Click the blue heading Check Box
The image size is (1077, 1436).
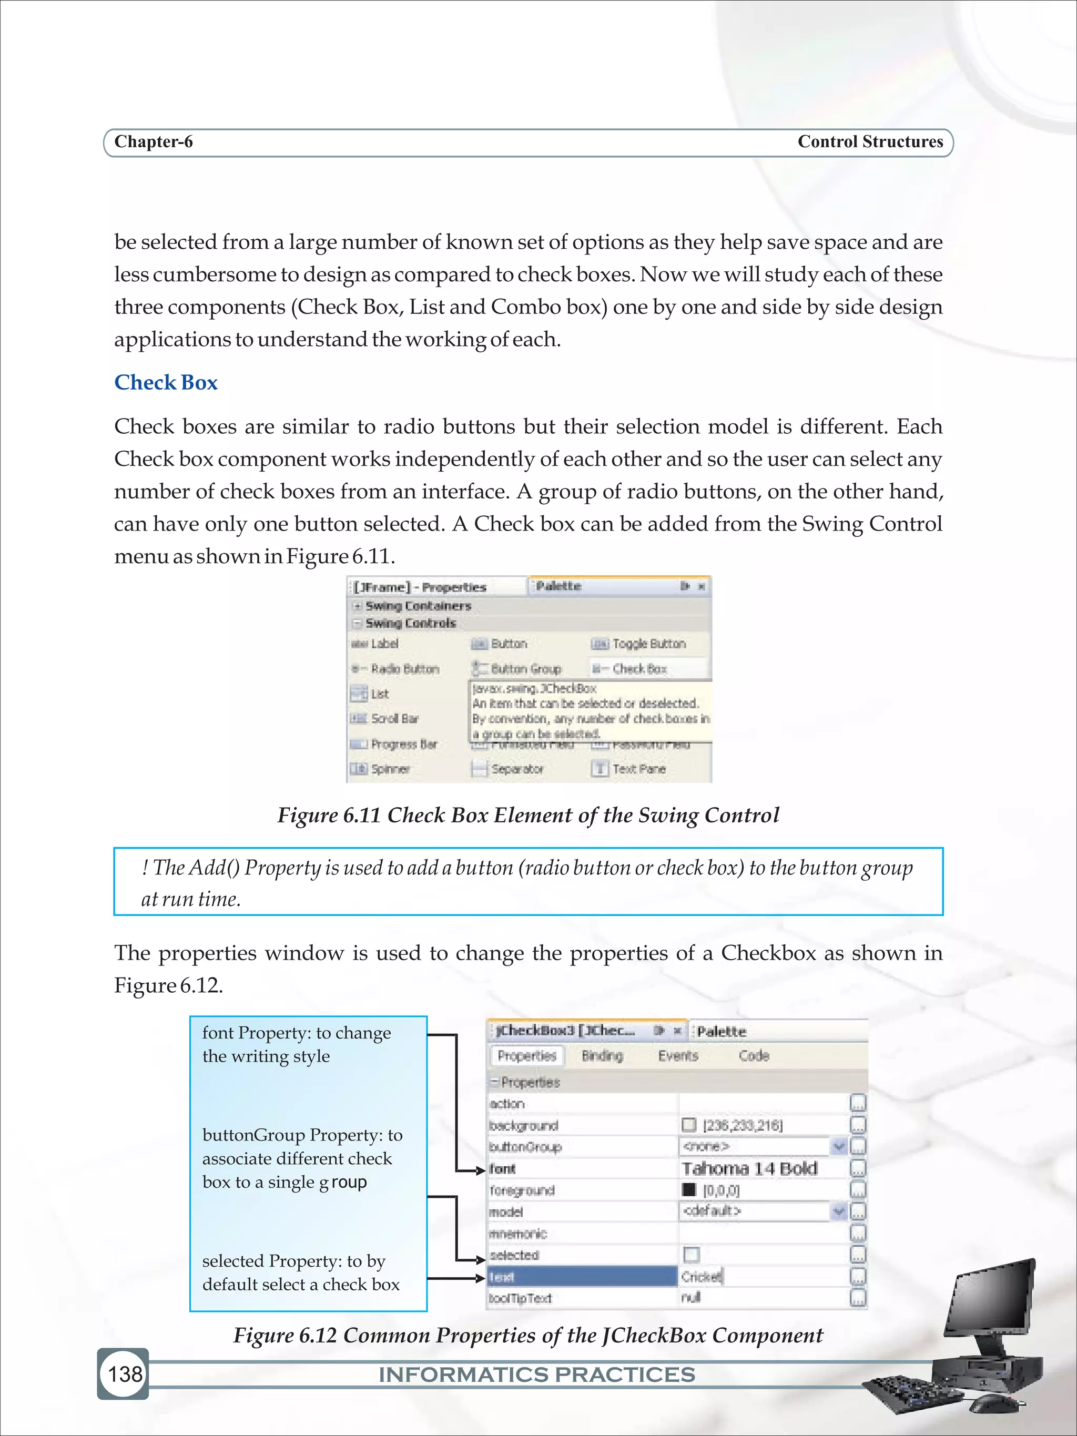click(166, 382)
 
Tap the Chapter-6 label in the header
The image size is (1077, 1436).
click(153, 141)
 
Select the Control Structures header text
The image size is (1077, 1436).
click(869, 141)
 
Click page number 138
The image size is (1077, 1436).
click(125, 1373)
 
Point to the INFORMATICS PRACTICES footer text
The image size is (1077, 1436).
click(536, 1374)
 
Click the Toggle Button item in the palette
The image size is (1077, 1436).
click(648, 644)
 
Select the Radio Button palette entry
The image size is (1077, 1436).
click(404, 669)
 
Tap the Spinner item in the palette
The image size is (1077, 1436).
click(390, 769)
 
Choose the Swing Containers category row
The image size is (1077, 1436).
click(418, 606)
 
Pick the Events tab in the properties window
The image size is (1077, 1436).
click(678, 1056)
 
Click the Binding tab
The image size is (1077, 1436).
click(602, 1056)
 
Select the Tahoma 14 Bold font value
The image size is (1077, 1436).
click(749, 1168)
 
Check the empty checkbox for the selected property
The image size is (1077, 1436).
click(692, 1254)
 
